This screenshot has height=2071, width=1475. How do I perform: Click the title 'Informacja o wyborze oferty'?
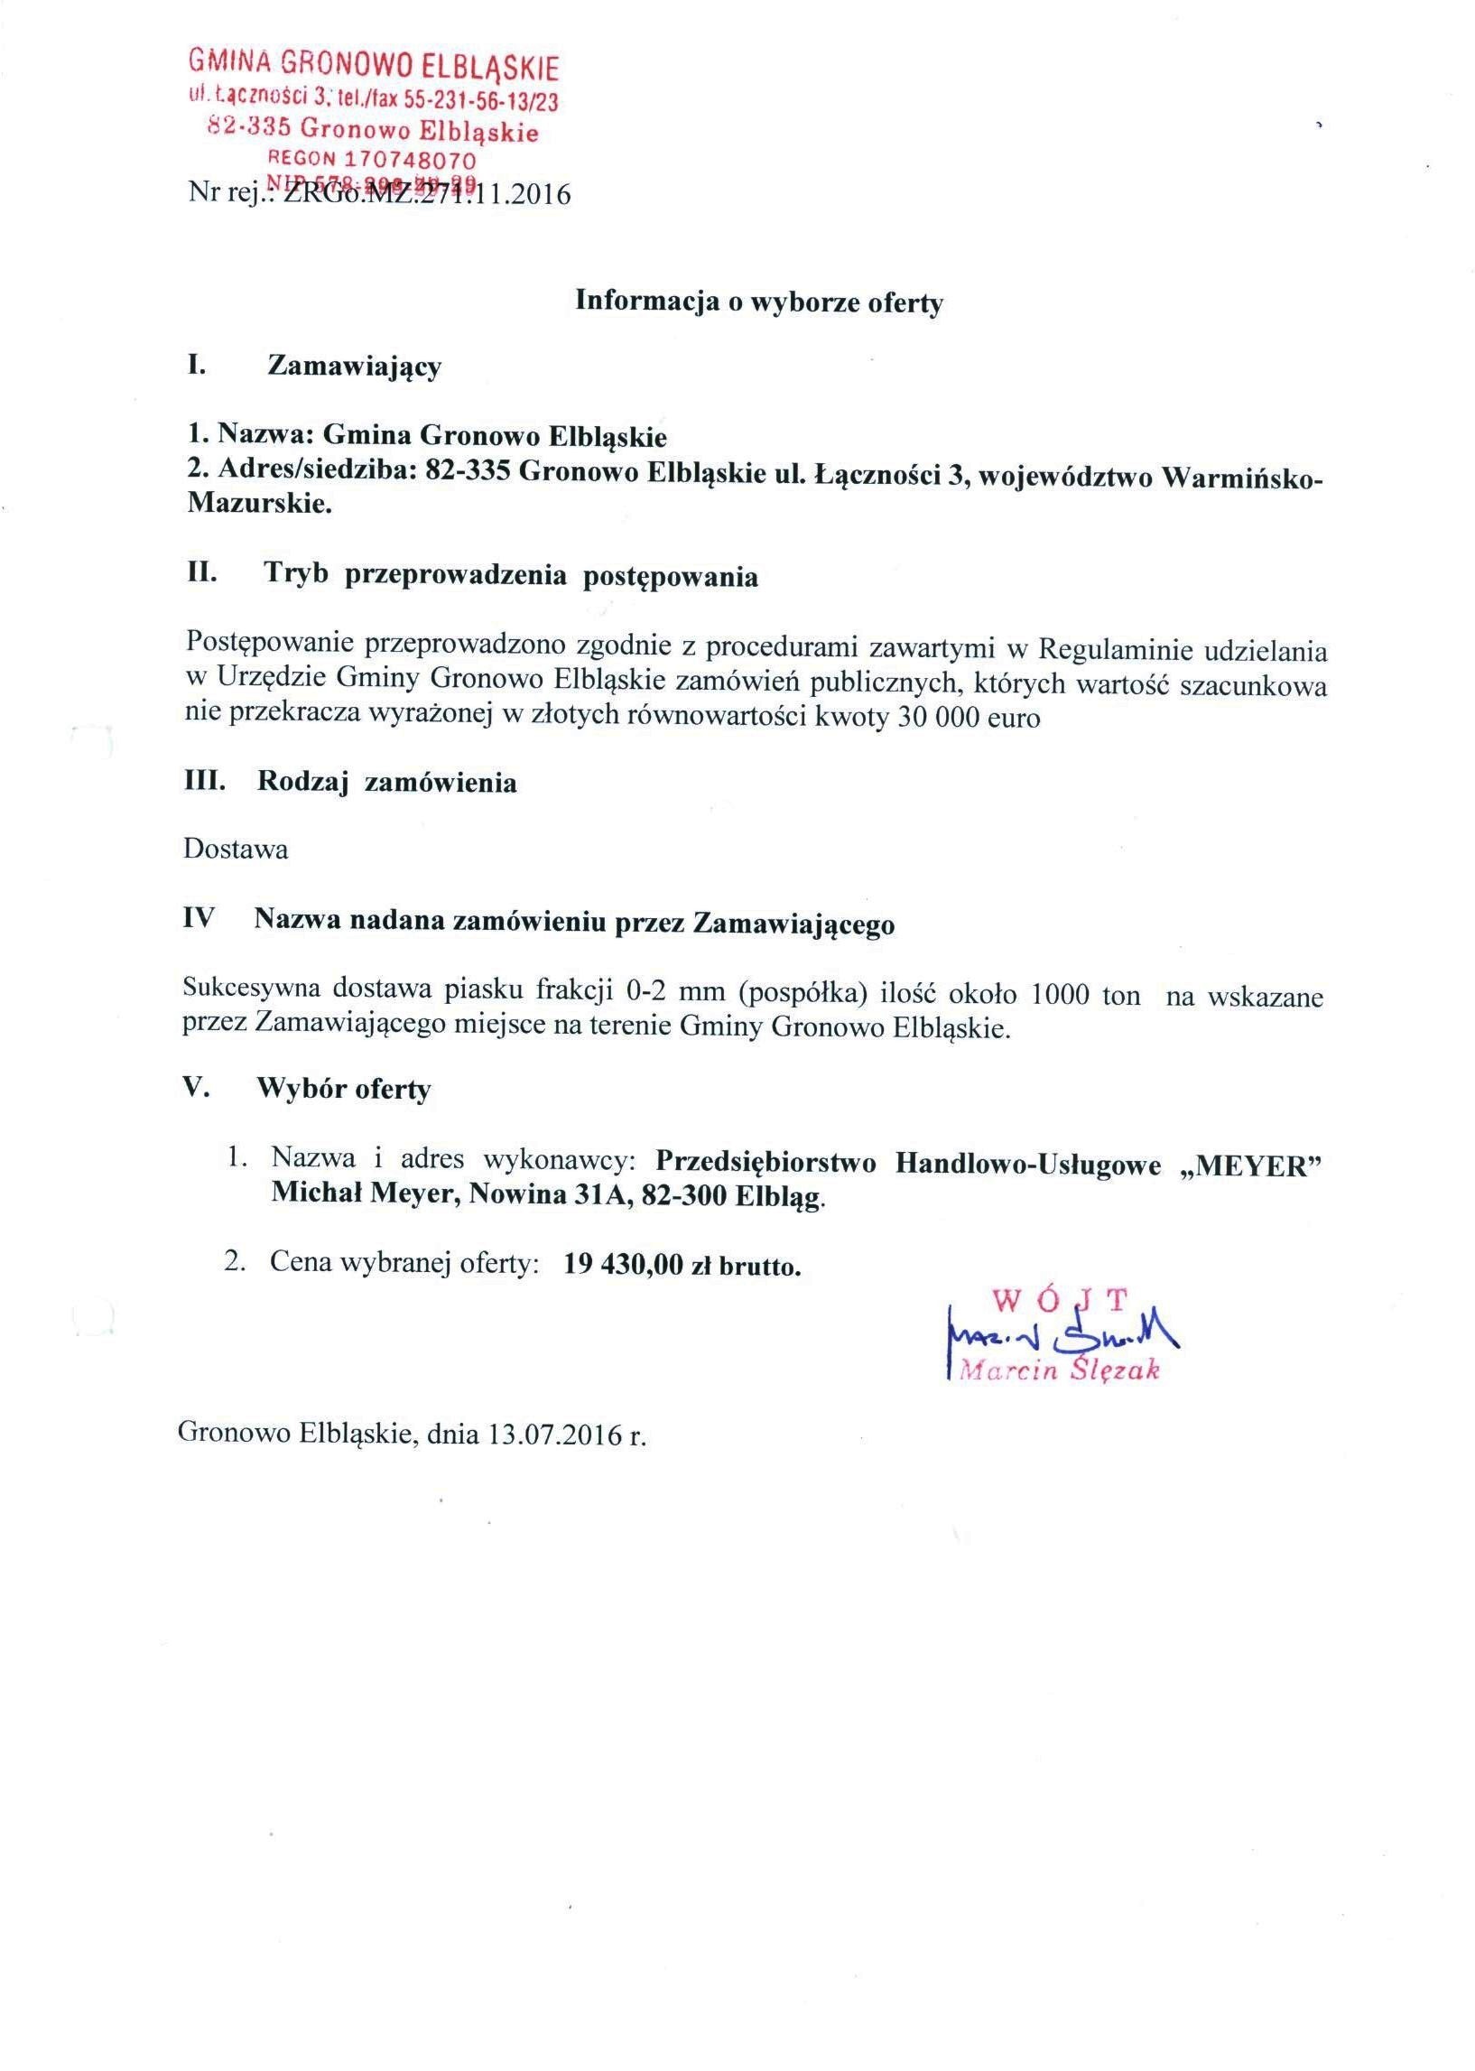759,303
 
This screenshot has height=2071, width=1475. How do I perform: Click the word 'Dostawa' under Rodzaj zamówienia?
237,850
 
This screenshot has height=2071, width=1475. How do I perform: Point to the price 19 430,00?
622,1266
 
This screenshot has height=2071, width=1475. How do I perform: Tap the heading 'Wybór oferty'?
344,1089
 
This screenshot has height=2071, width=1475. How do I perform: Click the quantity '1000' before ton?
1060,995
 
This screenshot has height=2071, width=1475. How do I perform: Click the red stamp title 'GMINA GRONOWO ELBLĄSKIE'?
374,66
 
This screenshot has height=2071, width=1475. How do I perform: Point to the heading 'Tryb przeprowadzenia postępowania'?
510,576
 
